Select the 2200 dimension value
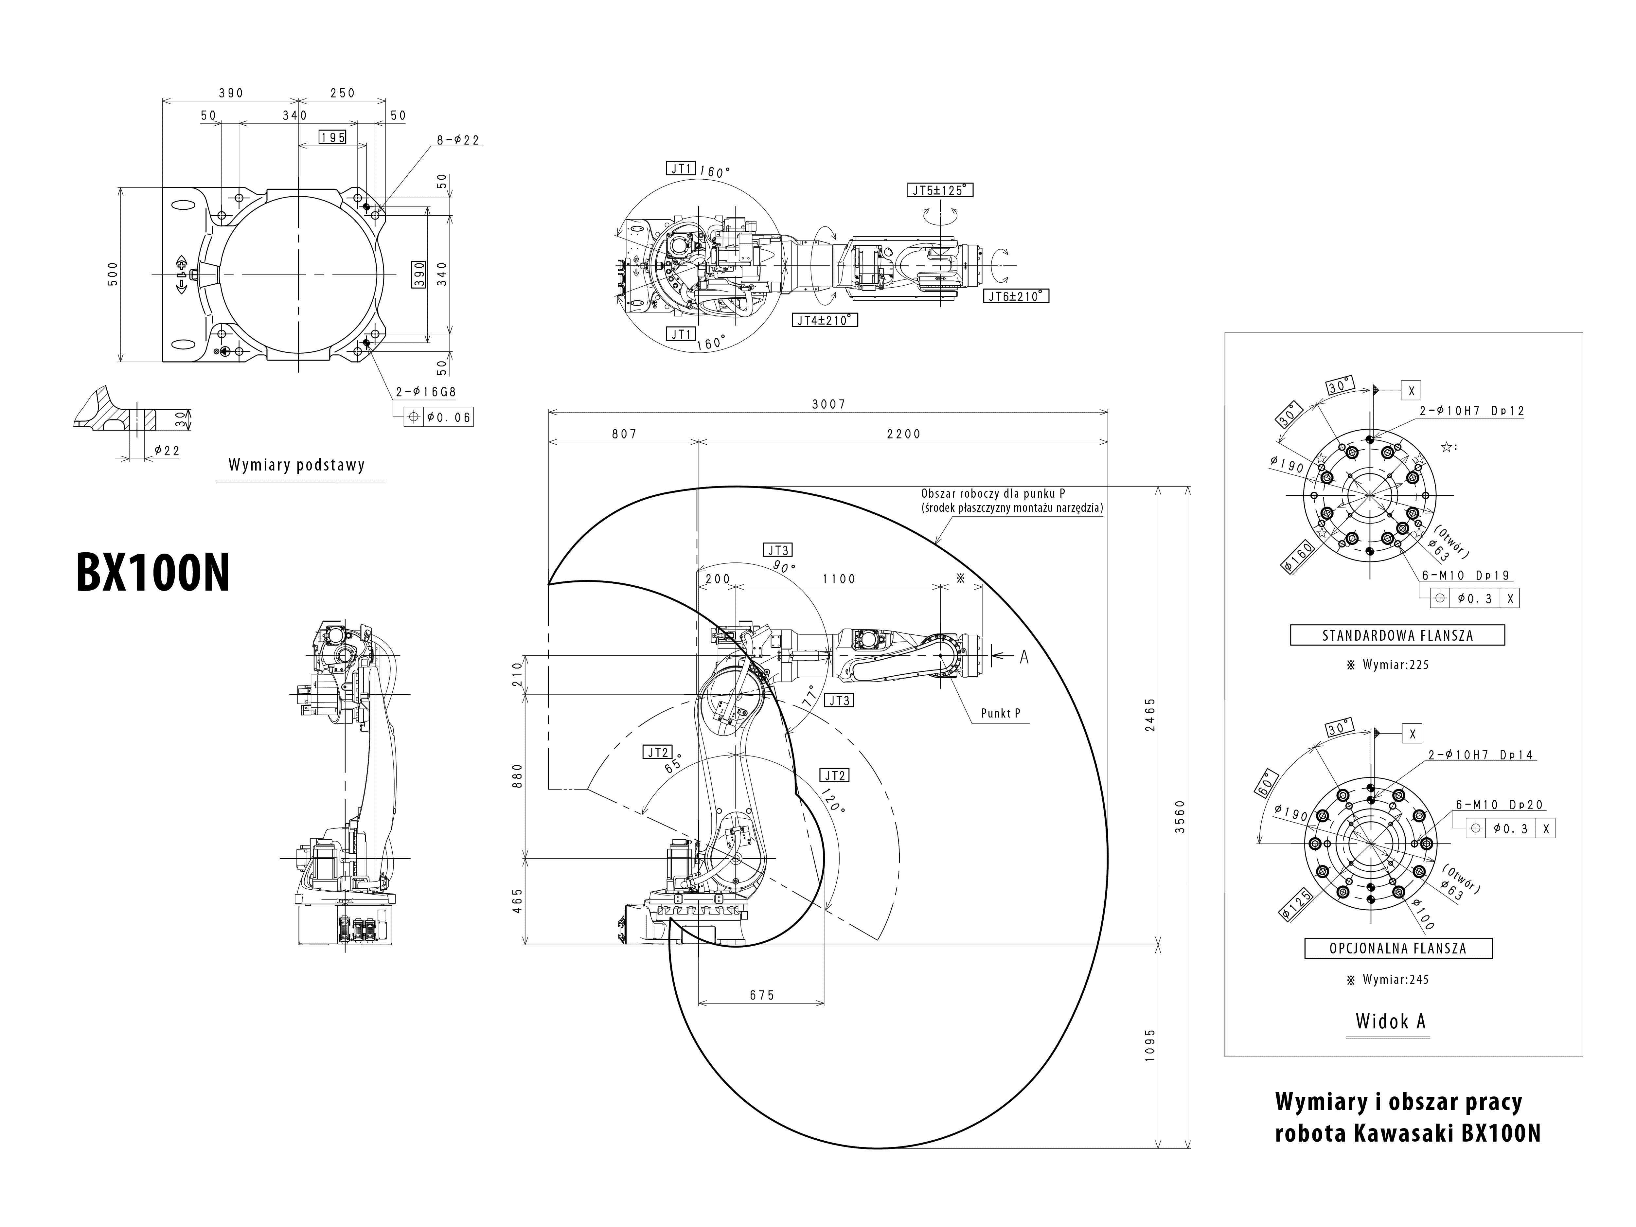tap(904, 434)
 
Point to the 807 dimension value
tap(624, 434)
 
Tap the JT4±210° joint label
tap(826, 320)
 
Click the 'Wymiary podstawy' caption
tap(296, 465)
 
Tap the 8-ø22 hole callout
tap(458, 139)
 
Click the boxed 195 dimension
tap(333, 137)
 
